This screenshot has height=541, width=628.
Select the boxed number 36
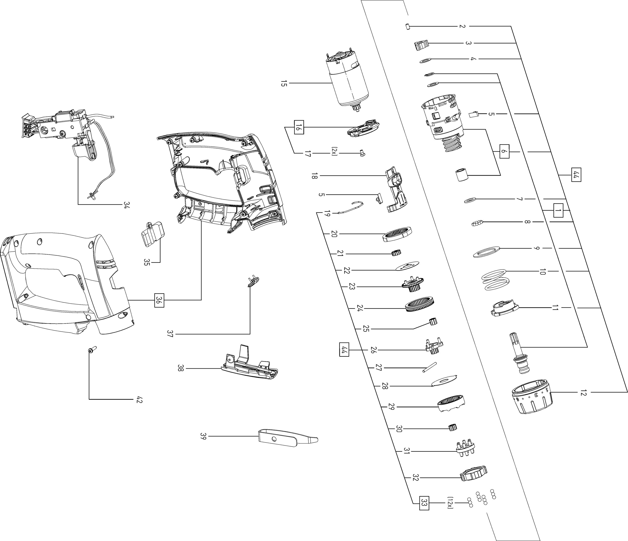[159, 300]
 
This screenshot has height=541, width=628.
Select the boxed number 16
[299, 127]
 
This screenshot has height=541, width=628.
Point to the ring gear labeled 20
[397, 234]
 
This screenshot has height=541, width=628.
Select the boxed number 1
[558, 210]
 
